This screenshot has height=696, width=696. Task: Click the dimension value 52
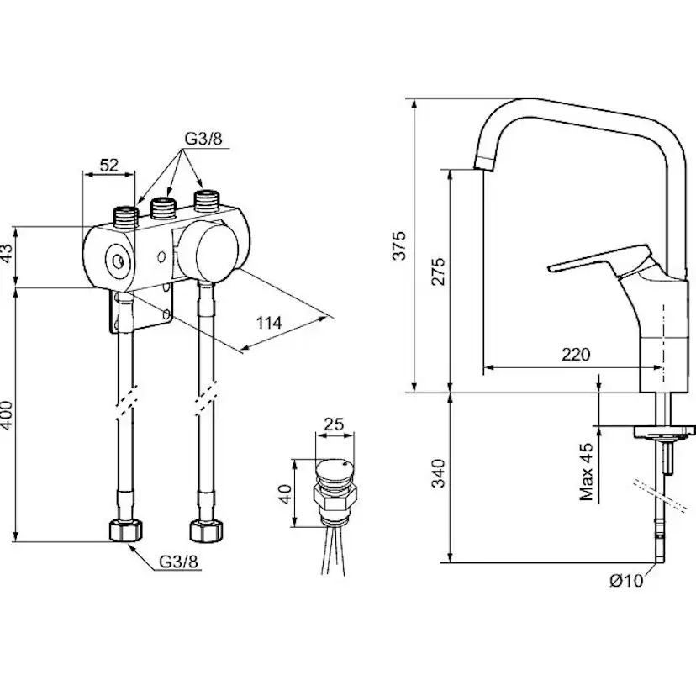click(x=108, y=166)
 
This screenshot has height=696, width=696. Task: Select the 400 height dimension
click(x=7, y=413)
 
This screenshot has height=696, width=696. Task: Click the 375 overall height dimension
click(x=401, y=245)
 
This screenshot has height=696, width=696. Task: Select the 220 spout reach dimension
click(x=576, y=355)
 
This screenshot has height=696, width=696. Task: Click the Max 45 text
click(x=588, y=472)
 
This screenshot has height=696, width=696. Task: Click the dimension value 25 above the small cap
click(x=334, y=424)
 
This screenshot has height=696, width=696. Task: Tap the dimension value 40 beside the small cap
click(x=285, y=492)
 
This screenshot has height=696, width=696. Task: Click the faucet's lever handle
click(x=588, y=262)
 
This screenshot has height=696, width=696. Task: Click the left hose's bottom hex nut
click(x=127, y=531)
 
